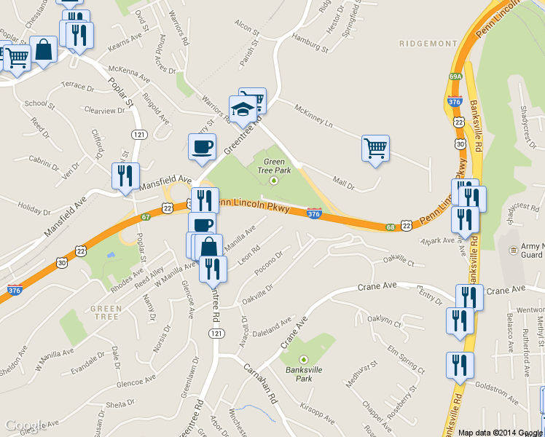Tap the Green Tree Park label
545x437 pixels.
point(274,166)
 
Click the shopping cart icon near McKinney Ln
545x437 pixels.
point(375,148)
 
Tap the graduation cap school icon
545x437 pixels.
point(243,109)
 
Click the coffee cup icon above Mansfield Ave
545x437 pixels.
point(201,146)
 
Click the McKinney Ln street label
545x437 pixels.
point(313,117)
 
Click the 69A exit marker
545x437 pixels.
point(456,76)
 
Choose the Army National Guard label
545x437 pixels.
point(532,251)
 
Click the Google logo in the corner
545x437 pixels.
point(26,425)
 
